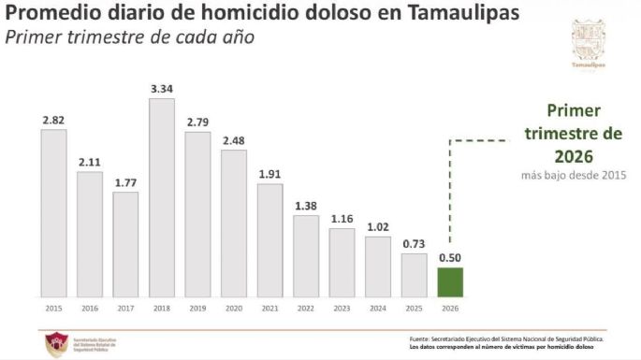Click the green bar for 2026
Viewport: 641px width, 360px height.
pyautogui.click(x=451, y=281)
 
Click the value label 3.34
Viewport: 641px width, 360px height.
pyautogui.click(x=162, y=88)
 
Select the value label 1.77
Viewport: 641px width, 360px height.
pyautogui.click(x=125, y=182)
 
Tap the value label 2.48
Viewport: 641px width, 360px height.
pyautogui.click(x=234, y=140)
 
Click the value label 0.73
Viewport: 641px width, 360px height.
pyautogui.click(x=415, y=243)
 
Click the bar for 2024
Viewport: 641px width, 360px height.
pyautogui.click(x=378, y=266)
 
